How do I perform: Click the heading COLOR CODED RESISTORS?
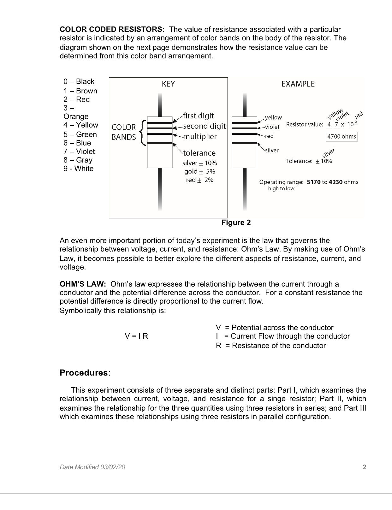[x=112, y=30]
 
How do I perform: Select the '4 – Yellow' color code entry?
[x=80, y=125]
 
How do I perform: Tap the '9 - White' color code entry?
[x=78, y=169]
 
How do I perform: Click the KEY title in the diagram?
[x=168, y=84]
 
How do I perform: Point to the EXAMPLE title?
[x=298, y=84]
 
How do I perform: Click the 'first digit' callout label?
[x=199, y=116]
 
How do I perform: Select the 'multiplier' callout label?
[x=200, y=137]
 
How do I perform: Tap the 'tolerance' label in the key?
[x=199, y=153]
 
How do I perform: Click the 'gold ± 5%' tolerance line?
[x=199, y=172]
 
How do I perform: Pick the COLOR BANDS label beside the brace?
[x=124, y=132]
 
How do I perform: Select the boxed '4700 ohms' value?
[x=342, y=137]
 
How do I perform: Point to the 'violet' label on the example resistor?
[x=272, y=127]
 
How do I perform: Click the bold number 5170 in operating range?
[x=313, y=182]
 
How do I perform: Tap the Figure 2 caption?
[x=236, y=223]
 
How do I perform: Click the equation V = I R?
[x=136, y=336]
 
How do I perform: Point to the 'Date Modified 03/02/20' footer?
[x=92, y=467]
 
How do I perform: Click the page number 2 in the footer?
[x=364, y=467]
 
